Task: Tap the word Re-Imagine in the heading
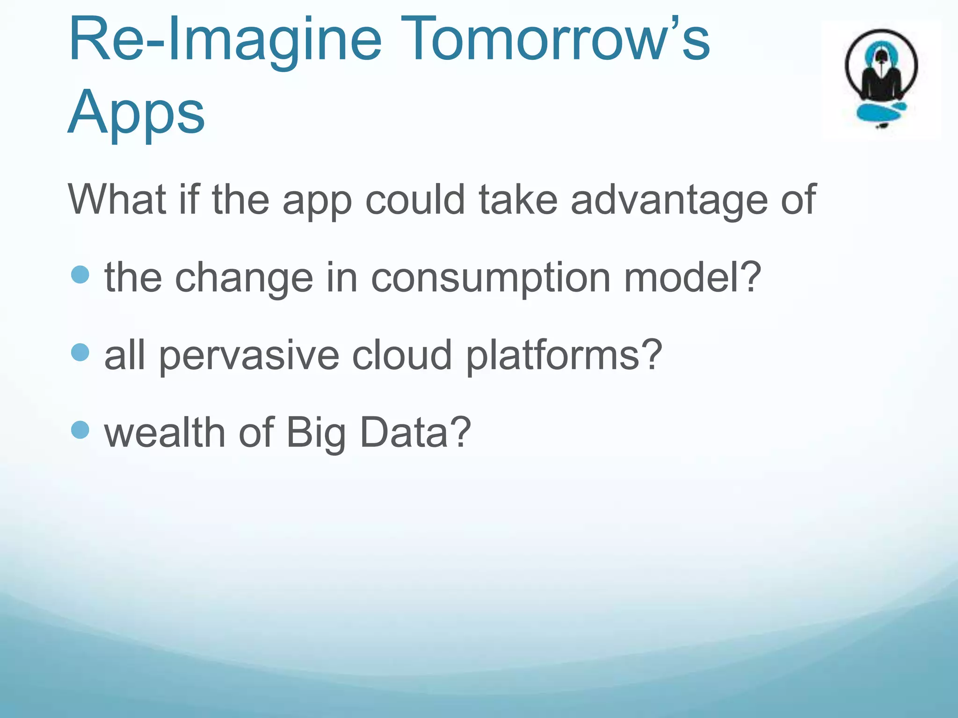225,39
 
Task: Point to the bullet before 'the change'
80,275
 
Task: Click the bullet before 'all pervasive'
80,352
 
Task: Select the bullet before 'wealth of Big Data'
80,430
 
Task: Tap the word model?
693,278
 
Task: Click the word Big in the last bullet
316,434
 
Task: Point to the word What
117,200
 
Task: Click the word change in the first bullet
244,279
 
